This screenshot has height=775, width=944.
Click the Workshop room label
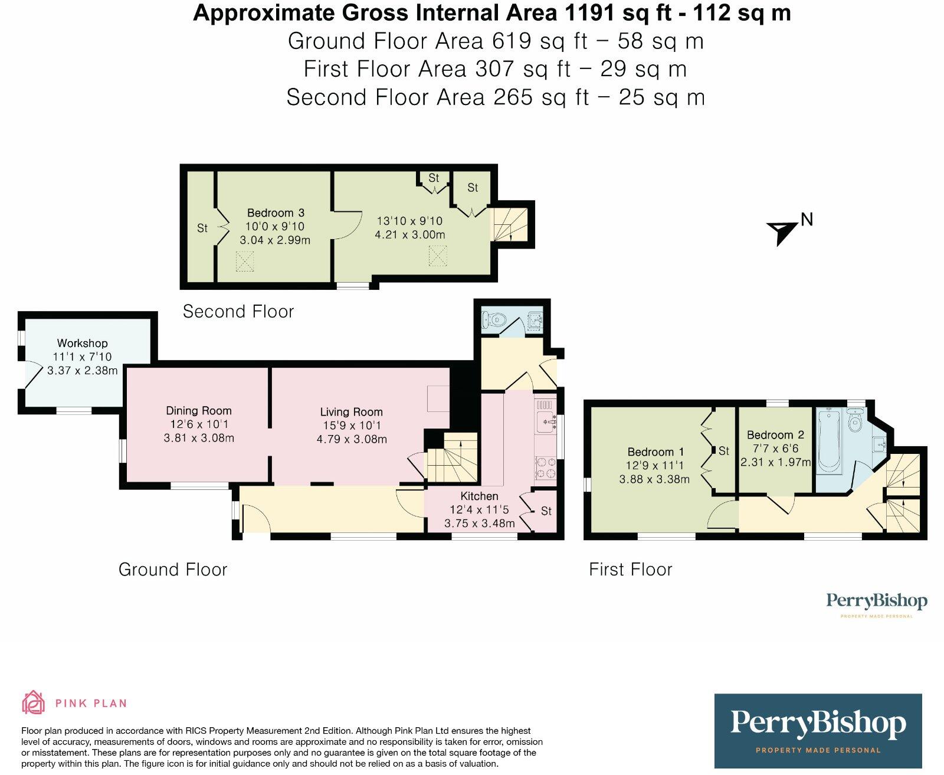click(82, 343)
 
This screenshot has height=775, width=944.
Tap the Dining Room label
click(198, 410)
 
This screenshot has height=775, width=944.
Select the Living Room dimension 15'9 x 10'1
click(351, 426)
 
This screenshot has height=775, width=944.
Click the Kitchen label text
click(479, 496)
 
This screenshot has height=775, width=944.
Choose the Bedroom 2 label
click(775, 435)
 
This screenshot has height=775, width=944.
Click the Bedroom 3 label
click(276, 212)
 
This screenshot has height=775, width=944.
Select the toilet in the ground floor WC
click(493, 320)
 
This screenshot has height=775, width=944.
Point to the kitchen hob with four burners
click(545, 467)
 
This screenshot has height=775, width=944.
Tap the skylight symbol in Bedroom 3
click(245, 261)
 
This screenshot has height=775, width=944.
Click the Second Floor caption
click(238, 312)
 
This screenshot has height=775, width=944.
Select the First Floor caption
click(630, 570)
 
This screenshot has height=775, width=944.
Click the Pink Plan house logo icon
click(34, 702)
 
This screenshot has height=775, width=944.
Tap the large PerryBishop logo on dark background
click(818, 730)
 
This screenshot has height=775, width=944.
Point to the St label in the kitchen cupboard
click(546, 511)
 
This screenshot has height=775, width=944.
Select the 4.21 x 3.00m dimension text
click(409, 234)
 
